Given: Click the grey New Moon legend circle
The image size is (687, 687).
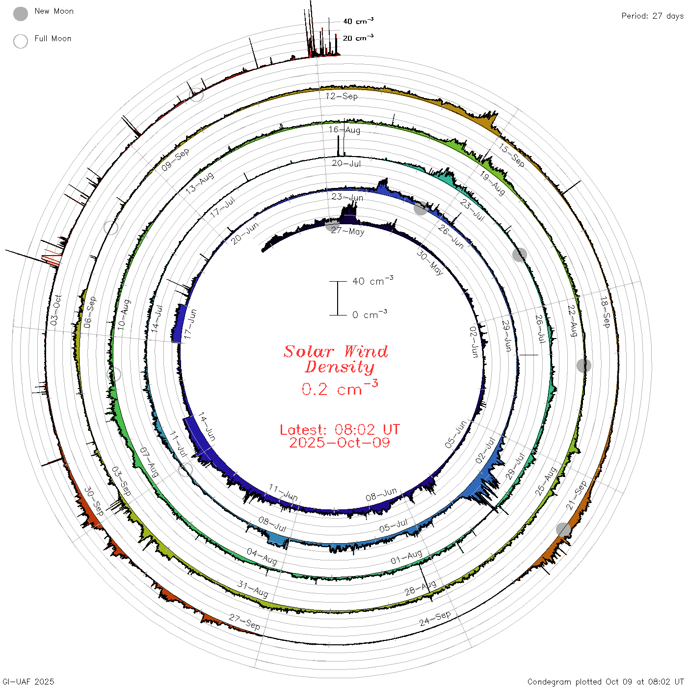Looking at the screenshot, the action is click(x=20, y=14).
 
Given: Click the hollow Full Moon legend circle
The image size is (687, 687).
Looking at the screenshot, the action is click(x=20, y=41).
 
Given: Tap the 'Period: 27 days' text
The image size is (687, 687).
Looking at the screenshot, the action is click(x=652, y=16).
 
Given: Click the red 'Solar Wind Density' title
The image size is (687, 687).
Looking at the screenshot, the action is click(x=336, y=359).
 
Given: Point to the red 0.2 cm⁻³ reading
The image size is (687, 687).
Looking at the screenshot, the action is click(x=340, y=388).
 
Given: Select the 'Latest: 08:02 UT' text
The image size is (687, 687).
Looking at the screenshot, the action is click(x=340, y=429).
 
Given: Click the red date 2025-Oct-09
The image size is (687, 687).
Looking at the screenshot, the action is click(x=340, y=443).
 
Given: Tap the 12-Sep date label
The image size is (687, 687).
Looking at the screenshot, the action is click(x=341, y=96).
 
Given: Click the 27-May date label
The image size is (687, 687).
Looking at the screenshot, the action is click(x=347, y=231).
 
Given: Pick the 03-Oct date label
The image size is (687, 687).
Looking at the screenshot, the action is click(x=55, y=310).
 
